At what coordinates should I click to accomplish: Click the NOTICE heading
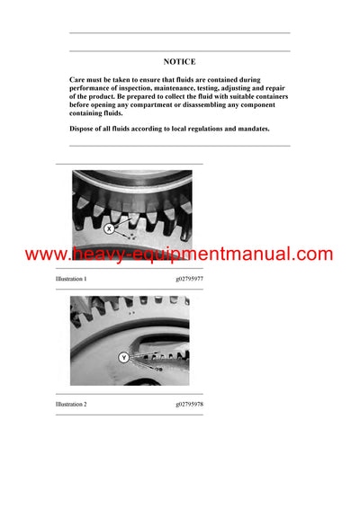click(x=179, y=62)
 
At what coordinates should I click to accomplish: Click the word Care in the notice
click(x=78, y=80)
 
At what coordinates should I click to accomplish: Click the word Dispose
click(x=84, y=129)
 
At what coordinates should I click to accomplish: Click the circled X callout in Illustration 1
click(x=109, y=229)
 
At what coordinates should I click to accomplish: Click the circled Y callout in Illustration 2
click(x=124, y=357)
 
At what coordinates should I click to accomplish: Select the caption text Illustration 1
click(x=71, y=280)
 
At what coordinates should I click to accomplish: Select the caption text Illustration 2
click(x=71, y=405)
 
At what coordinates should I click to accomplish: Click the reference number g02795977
click(x=189, y=280)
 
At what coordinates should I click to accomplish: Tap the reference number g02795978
click(x=189, y=405)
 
